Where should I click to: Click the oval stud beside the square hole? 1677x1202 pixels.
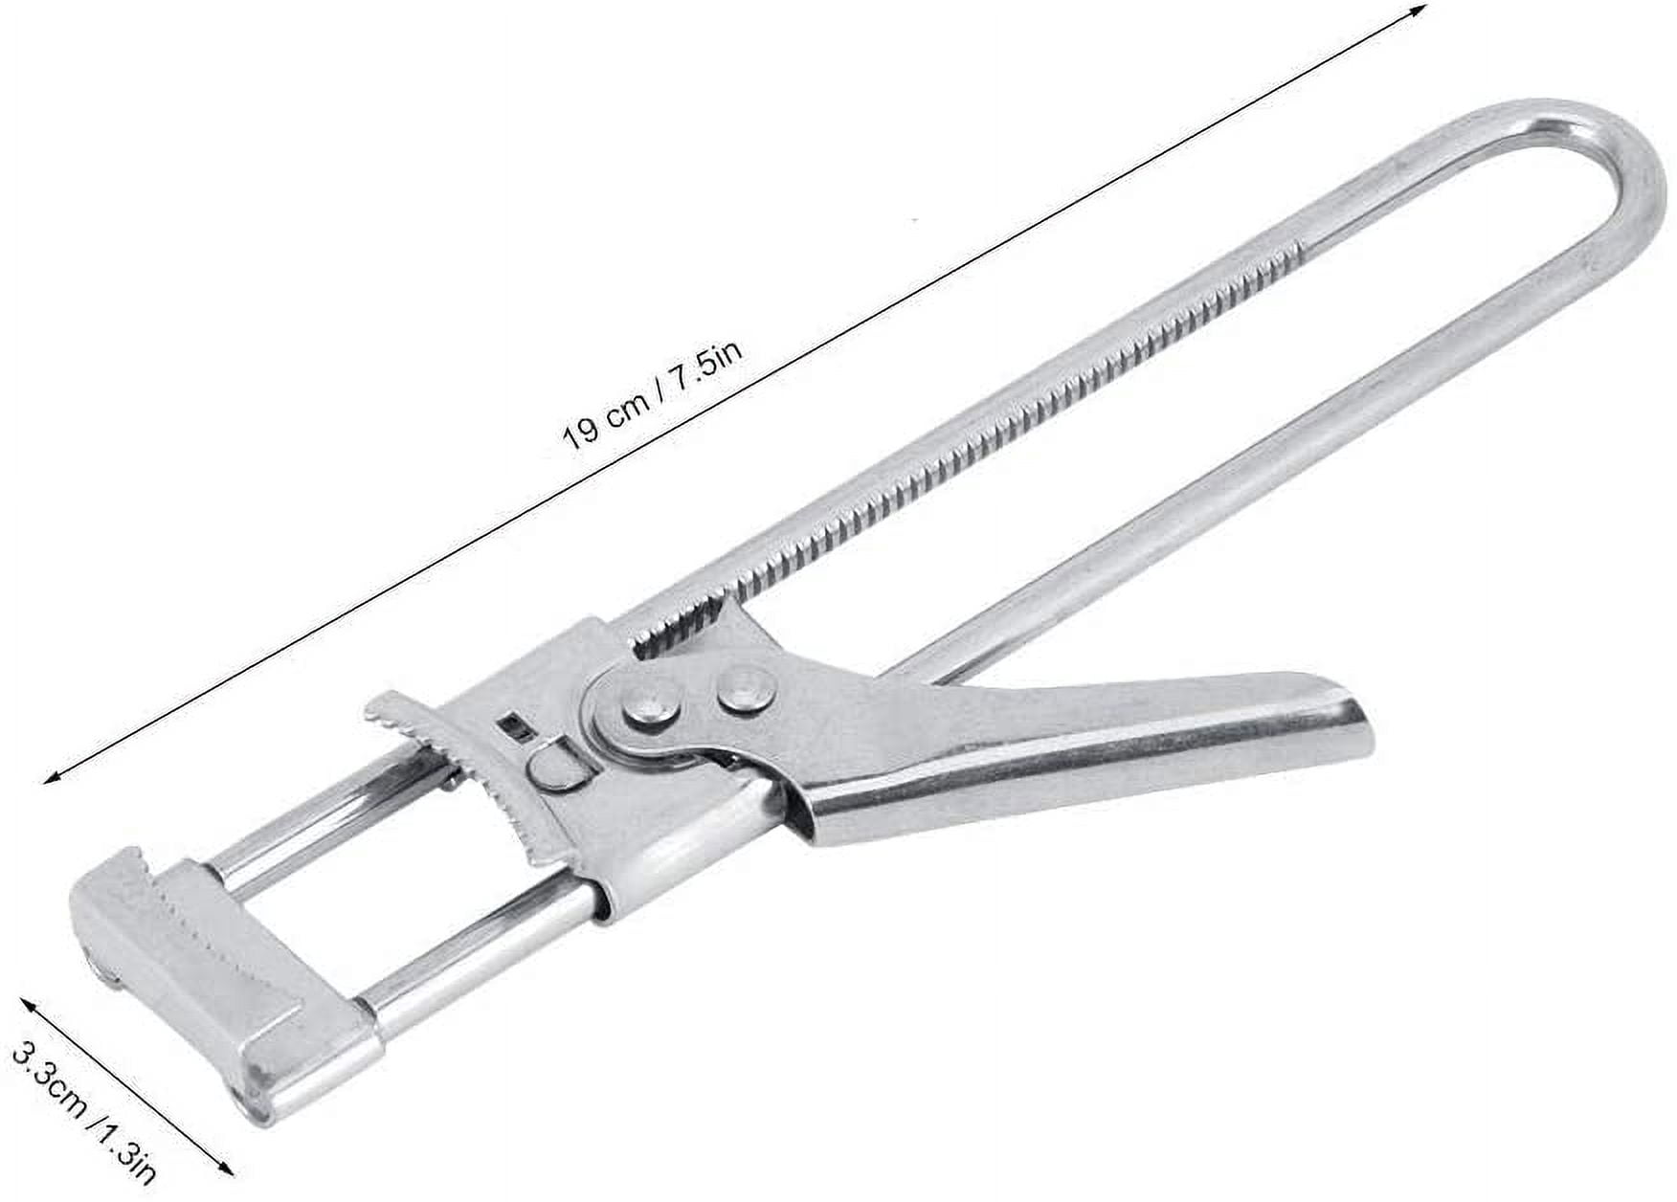[x=552, y=766]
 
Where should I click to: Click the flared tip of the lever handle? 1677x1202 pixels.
[x=1345, y=727]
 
